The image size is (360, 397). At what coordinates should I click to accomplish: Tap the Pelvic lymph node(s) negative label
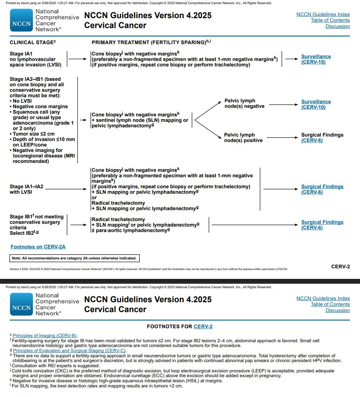[x=244, y=103]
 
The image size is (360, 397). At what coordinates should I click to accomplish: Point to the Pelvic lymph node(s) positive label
[x=243, y=138]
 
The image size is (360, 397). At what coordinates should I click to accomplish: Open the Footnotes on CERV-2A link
[x=38, y=246]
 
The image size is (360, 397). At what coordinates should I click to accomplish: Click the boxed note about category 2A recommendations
[x=74, y=258]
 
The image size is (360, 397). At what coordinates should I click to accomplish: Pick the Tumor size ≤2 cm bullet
[x=34, y=134]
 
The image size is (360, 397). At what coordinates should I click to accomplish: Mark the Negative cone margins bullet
[x=40, y=106]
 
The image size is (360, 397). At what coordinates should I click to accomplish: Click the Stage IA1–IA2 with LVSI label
[x=26, y=189]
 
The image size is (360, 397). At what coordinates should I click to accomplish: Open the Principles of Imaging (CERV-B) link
[x=45, y=335]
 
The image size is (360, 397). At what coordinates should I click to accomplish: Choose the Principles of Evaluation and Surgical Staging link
[x=70, y=350]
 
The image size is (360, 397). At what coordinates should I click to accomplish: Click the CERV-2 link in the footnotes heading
[x=203, y=326]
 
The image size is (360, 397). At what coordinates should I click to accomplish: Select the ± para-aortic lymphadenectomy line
[x=131, y=230]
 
